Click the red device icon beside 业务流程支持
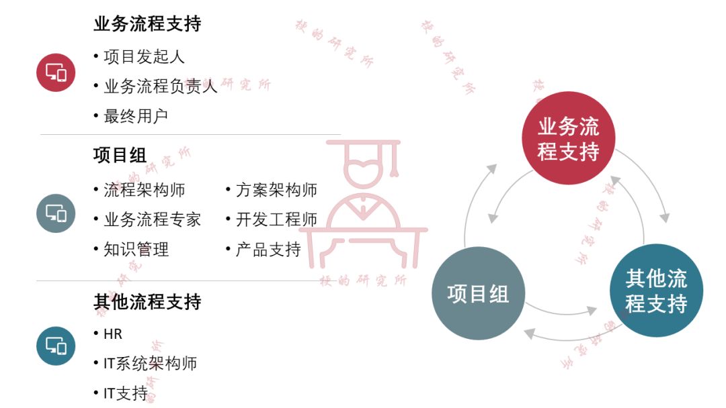click(56, 72)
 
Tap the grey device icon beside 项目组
click(56, 213)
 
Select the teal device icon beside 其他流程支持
click(56, 346)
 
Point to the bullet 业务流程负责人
click(160, 86)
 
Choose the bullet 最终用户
click(135, 115)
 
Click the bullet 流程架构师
click(144, 190)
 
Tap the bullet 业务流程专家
click(152, 219)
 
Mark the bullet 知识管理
click(136, 250)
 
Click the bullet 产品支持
click(268, 250)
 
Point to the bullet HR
click(113, 334)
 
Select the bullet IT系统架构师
click(150, 364)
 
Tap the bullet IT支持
click(125, 393)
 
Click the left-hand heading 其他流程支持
click(147, 302)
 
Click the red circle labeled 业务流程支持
click(569, 138)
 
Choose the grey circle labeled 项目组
click(478, 293)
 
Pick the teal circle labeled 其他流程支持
click(656, 291)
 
